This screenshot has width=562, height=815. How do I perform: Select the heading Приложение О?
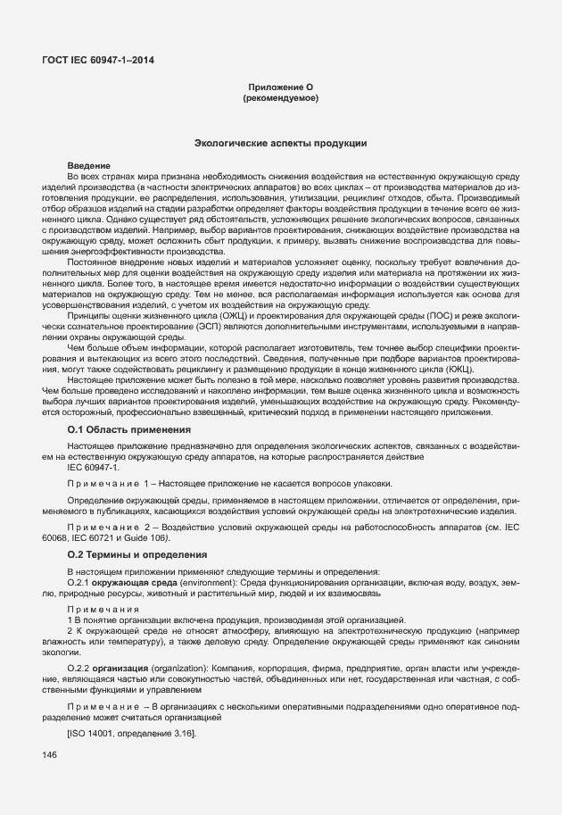280,87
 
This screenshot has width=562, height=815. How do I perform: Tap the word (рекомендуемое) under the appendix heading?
280,97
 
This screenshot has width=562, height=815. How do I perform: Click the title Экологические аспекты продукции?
280,143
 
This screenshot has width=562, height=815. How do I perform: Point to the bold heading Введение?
88,166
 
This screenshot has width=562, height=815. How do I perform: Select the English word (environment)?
209,582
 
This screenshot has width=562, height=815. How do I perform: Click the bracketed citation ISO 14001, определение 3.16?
131,733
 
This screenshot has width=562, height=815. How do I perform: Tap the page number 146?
49,755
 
